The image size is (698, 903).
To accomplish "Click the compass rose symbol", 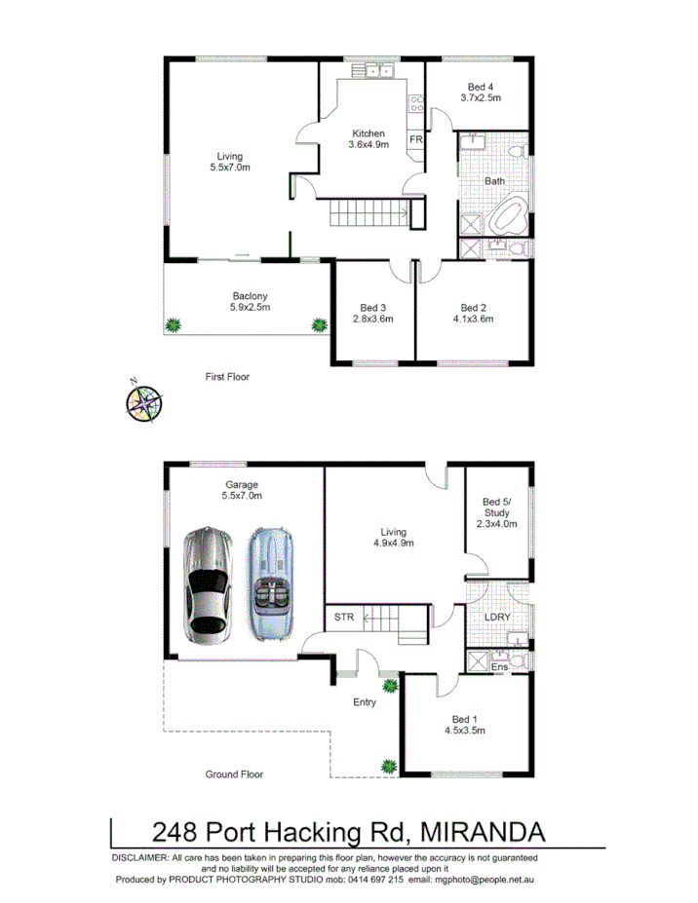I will point(144,401).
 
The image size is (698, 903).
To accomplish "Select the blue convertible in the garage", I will point(271,584).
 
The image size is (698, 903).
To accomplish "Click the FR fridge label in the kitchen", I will point(415,140).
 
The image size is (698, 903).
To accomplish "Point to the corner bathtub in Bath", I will point(509,216).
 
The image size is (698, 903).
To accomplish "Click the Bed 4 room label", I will point(482,86).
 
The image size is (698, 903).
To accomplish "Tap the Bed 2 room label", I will point(474,306).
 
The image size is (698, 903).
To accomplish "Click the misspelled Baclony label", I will point(251,296).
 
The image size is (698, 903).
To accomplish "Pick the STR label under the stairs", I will point(343,617).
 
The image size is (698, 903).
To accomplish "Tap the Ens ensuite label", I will point(498,667).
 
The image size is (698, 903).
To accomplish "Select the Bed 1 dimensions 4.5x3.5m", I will point(465,729).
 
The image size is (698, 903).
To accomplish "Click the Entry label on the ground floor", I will point(365,700).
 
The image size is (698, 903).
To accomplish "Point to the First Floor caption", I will point(227,375).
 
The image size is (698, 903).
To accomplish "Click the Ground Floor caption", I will point(234,774).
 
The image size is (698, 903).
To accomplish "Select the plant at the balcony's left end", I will point(174,324).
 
